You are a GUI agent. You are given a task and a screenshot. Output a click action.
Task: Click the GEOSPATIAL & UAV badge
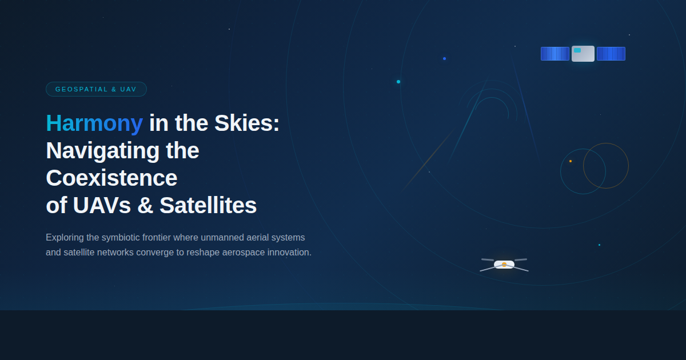coord(96,89)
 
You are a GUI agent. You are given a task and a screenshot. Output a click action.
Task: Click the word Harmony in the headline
coord(94,123)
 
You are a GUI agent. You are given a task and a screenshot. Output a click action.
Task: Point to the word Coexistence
coord(111,178)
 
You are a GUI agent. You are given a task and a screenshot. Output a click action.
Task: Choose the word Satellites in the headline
coord(208,205)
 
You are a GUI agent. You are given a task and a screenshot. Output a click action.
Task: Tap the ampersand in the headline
coord(145,205)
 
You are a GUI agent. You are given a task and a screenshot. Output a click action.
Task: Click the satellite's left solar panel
coord(555,54)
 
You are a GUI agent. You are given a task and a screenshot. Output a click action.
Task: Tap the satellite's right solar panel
coord(611,54)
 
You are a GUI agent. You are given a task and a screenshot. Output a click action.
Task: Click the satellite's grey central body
coord(583,54)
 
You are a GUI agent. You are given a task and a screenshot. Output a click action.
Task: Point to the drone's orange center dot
coord(504,265)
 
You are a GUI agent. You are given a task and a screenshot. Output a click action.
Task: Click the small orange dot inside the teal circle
coord(570,161)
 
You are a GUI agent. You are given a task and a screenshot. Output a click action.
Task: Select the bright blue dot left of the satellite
coord(444,58)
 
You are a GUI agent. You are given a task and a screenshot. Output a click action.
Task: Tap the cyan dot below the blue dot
coord(398,82)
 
